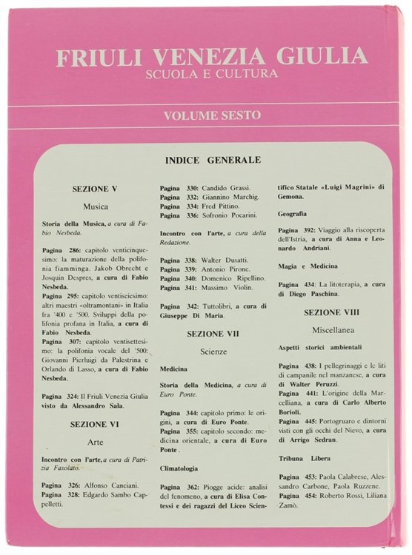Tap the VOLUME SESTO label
click(210, 115)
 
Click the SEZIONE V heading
click(95, 189)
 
